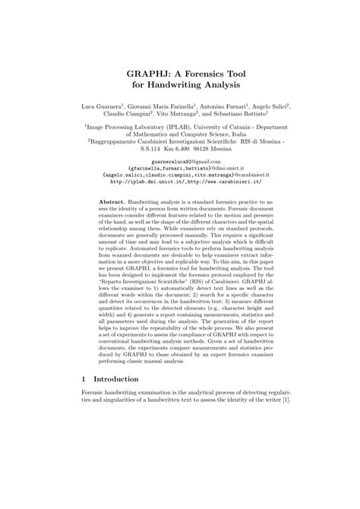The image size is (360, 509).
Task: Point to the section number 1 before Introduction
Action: point(84,441)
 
